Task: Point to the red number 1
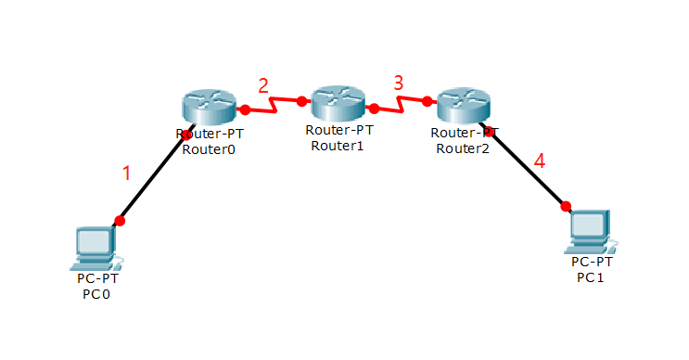pos(127,173)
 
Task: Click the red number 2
pos(263,85)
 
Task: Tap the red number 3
pos(398,83)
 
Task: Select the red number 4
pos(540,161)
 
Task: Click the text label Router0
pos(209,148)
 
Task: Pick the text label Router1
pos(338,144)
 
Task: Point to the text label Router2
pos(465,148)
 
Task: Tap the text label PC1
pos(591,276)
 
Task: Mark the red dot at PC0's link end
pos(120,221)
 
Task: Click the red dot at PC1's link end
pos(566,206)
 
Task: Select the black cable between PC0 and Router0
pos(153,179)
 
